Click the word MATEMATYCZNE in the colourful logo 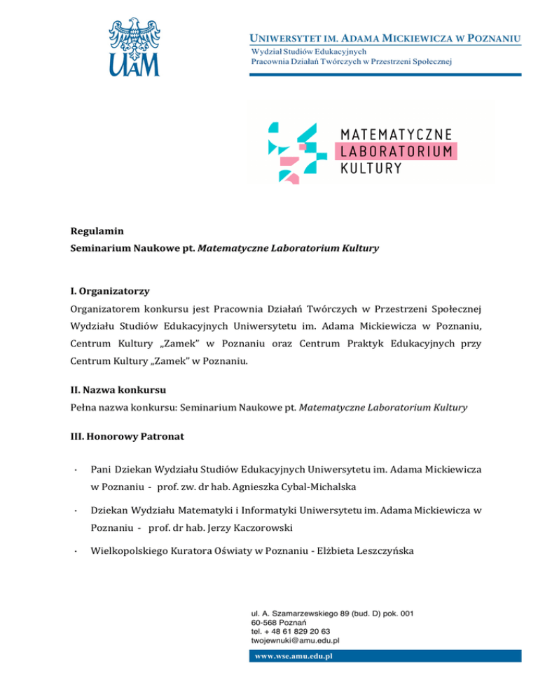tap(396, 134)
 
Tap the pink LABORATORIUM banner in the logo tap(397, 151)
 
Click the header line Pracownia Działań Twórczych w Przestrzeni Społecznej tap(352, 61)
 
